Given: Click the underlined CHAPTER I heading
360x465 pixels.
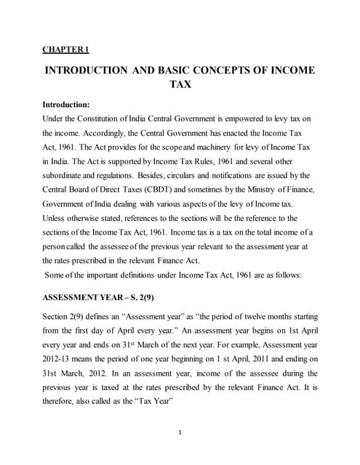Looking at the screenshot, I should [65, 49].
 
